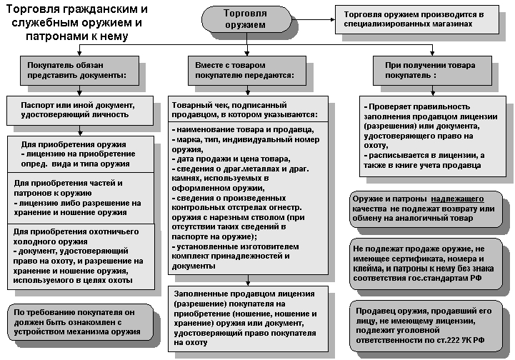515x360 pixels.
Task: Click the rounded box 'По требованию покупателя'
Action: coord(79,321)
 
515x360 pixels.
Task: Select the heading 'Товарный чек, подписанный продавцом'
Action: coord(246,109)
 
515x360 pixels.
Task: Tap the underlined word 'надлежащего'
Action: coord(458,198)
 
